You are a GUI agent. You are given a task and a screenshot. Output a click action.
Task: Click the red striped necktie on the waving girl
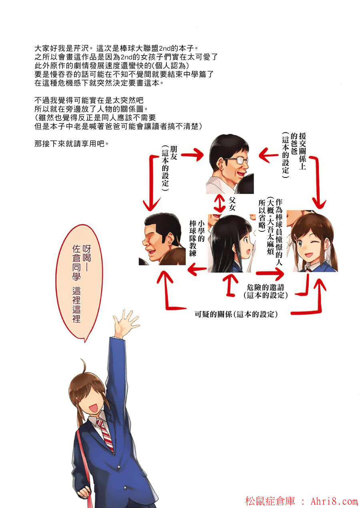(105, 435)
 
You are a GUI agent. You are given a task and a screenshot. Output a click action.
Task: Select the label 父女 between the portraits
(232, 204)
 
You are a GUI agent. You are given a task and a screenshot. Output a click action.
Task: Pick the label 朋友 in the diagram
(174, 153)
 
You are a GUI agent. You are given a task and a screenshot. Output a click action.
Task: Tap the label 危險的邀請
(265, 287)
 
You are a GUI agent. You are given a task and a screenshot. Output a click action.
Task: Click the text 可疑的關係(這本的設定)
(236, 314)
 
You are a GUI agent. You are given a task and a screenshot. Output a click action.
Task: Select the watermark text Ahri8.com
(334, 501)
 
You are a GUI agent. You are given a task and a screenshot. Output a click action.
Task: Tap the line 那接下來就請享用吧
(72, 143)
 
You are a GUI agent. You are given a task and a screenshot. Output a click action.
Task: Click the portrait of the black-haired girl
(232, 243)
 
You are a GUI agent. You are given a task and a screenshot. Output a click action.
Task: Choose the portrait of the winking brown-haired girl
(312, 241)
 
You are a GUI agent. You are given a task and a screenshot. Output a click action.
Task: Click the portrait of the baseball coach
(162, 239)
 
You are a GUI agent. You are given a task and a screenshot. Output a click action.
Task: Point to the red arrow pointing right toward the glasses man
(192, 155)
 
